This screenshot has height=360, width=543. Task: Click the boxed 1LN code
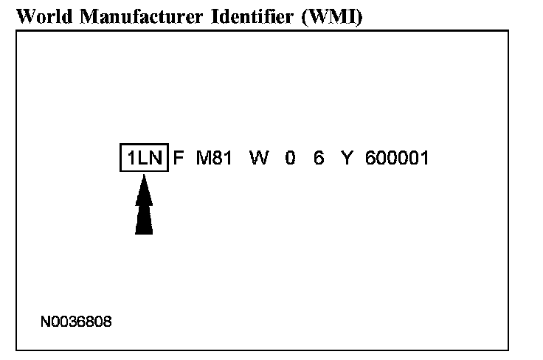click(x=145, y=158)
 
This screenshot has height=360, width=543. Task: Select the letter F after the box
click(x=179, y=158)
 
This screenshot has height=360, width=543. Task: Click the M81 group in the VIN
click(x=215, y=158)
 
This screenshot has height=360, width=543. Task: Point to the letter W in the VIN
click(x=259, y=158)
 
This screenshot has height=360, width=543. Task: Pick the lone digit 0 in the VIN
click(x=290, y=158)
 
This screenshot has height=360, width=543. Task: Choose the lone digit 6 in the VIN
click(x=319, y=158)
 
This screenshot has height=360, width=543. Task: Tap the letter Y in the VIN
click(x=347, y=158)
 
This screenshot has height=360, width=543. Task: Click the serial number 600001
click(x=397, y=158)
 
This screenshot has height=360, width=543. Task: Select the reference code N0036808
click(x=76, y=322)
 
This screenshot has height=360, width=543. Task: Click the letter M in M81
click(x=204, y=158)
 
